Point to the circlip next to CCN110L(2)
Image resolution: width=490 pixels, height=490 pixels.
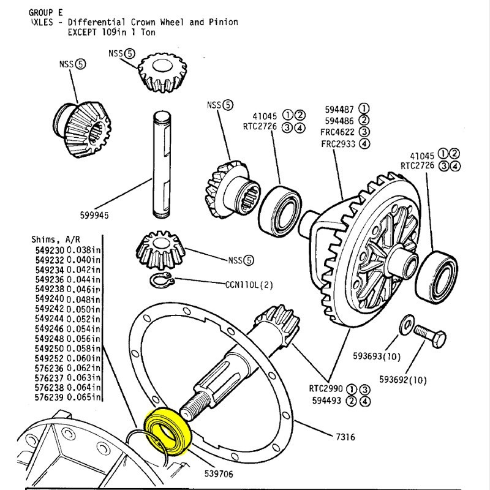(x=162, y=281)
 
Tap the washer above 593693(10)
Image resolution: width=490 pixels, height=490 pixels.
(x=405, y=325)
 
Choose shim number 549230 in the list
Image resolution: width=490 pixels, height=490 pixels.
(x=50, y=250)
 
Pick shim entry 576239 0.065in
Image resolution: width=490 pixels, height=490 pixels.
(x=67, y=397)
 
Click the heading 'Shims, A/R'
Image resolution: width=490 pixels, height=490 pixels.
(x=53, y=239)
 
